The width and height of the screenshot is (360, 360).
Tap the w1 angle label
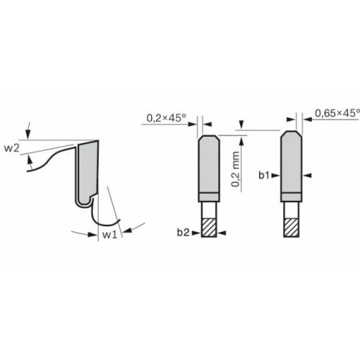109,235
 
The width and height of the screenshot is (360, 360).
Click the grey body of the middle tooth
208,165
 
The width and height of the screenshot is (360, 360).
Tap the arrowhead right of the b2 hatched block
222,232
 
